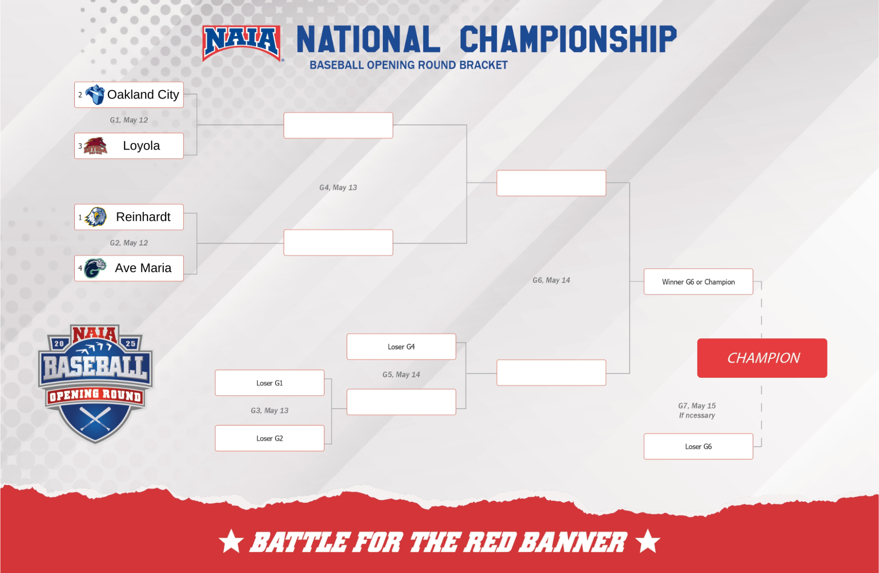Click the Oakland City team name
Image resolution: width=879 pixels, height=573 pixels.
click(143, 95)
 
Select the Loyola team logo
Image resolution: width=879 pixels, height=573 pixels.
click(95, 146)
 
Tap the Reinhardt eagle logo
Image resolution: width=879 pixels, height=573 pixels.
click(96, 217)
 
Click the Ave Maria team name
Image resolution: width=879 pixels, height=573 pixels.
click(143, 268)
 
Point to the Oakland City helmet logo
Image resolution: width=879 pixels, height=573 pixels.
click(95, 94)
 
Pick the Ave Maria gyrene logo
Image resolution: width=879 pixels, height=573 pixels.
click(95, 268)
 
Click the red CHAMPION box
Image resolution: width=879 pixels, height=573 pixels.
click(762, 358)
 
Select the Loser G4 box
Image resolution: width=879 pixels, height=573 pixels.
click(401, 347)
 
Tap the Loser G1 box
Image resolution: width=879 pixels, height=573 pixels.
click(269, 383)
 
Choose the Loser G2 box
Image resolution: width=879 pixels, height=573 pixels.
click(269, 438)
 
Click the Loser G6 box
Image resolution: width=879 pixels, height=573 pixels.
click(698, 446)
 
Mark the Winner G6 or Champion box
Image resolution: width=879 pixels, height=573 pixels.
click(698, 282)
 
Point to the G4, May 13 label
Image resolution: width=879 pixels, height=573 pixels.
click(338, 187)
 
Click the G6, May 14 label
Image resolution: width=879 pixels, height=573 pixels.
click(551, 280)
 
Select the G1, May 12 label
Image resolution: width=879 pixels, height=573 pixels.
click(129, 120)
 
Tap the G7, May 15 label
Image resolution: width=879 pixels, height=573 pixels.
click(697, 405)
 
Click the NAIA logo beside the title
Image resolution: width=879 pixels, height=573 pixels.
click(242, 42)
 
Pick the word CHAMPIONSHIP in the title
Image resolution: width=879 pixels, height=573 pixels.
click(568, 40)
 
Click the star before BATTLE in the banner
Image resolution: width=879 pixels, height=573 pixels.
click(231, 541)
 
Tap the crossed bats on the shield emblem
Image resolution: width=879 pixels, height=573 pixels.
click(95, 418)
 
